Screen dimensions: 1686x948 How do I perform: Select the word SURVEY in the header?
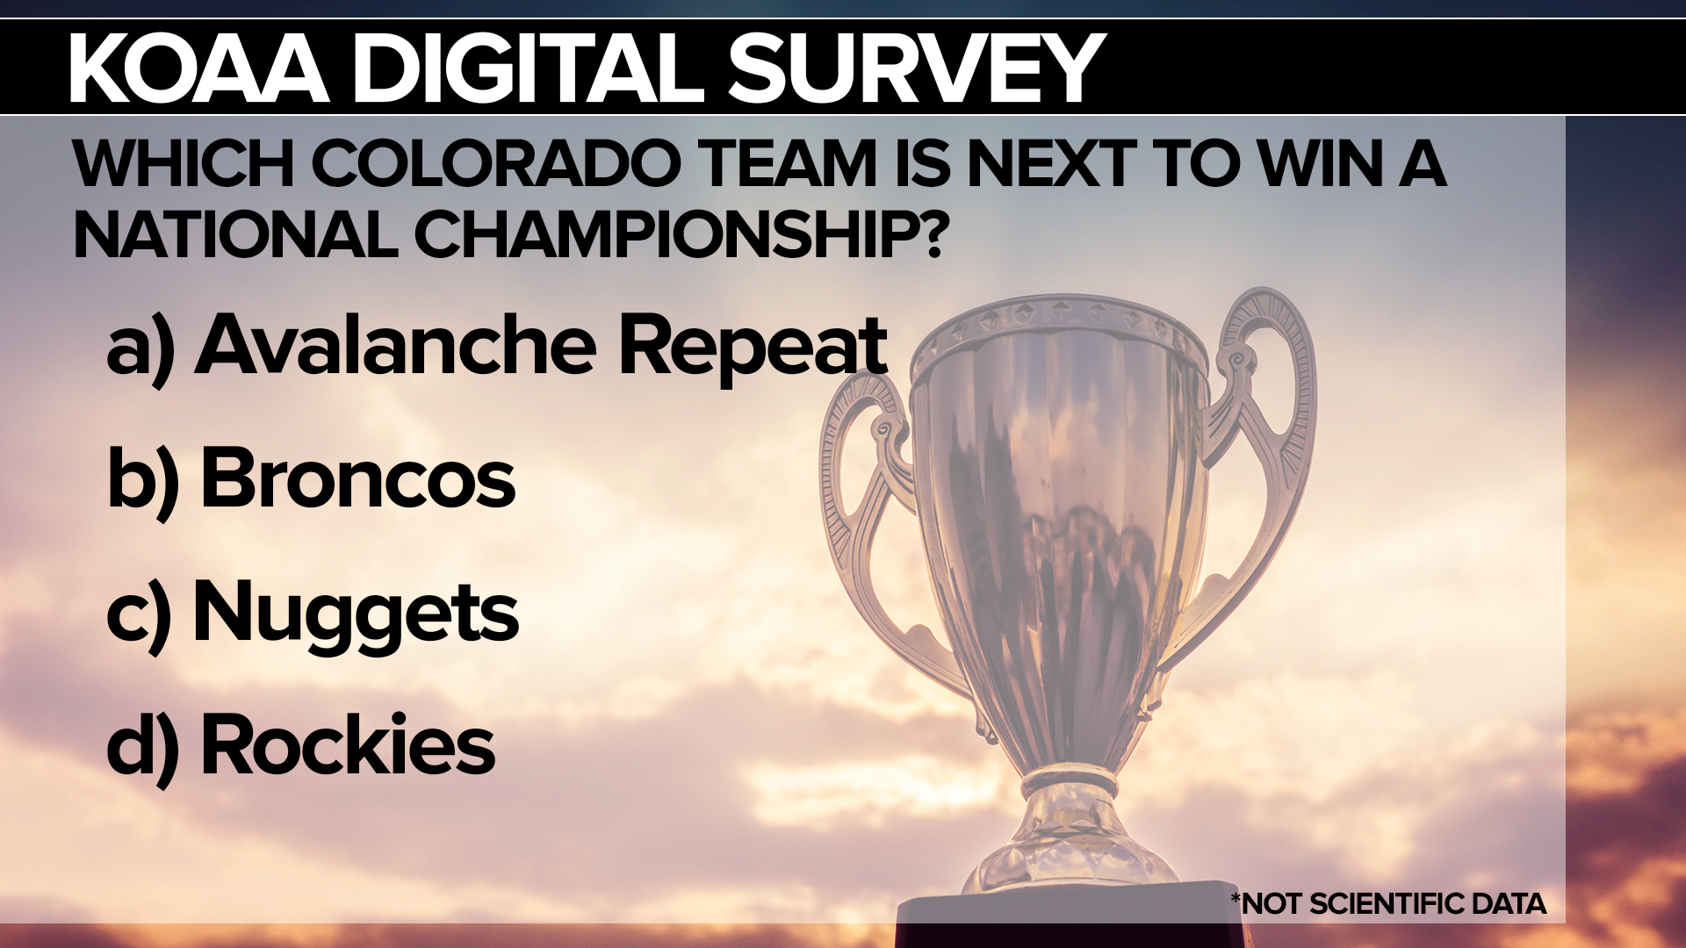pos(916,68)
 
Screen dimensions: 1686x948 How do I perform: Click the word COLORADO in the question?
pos(495,163)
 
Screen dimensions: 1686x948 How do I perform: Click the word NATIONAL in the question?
pos(234,234)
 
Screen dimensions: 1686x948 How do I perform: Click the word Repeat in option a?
pos(753,348)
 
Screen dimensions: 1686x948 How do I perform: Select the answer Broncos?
pos(357,478)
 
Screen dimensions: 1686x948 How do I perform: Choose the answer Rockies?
pos(348,744)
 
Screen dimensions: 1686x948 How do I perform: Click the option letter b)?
pos(143,482)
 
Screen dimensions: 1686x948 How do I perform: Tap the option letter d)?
pos(143,748)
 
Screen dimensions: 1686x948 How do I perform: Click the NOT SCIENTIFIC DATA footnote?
pos(1388,903)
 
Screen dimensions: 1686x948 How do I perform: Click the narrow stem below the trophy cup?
pos(1070,780)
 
